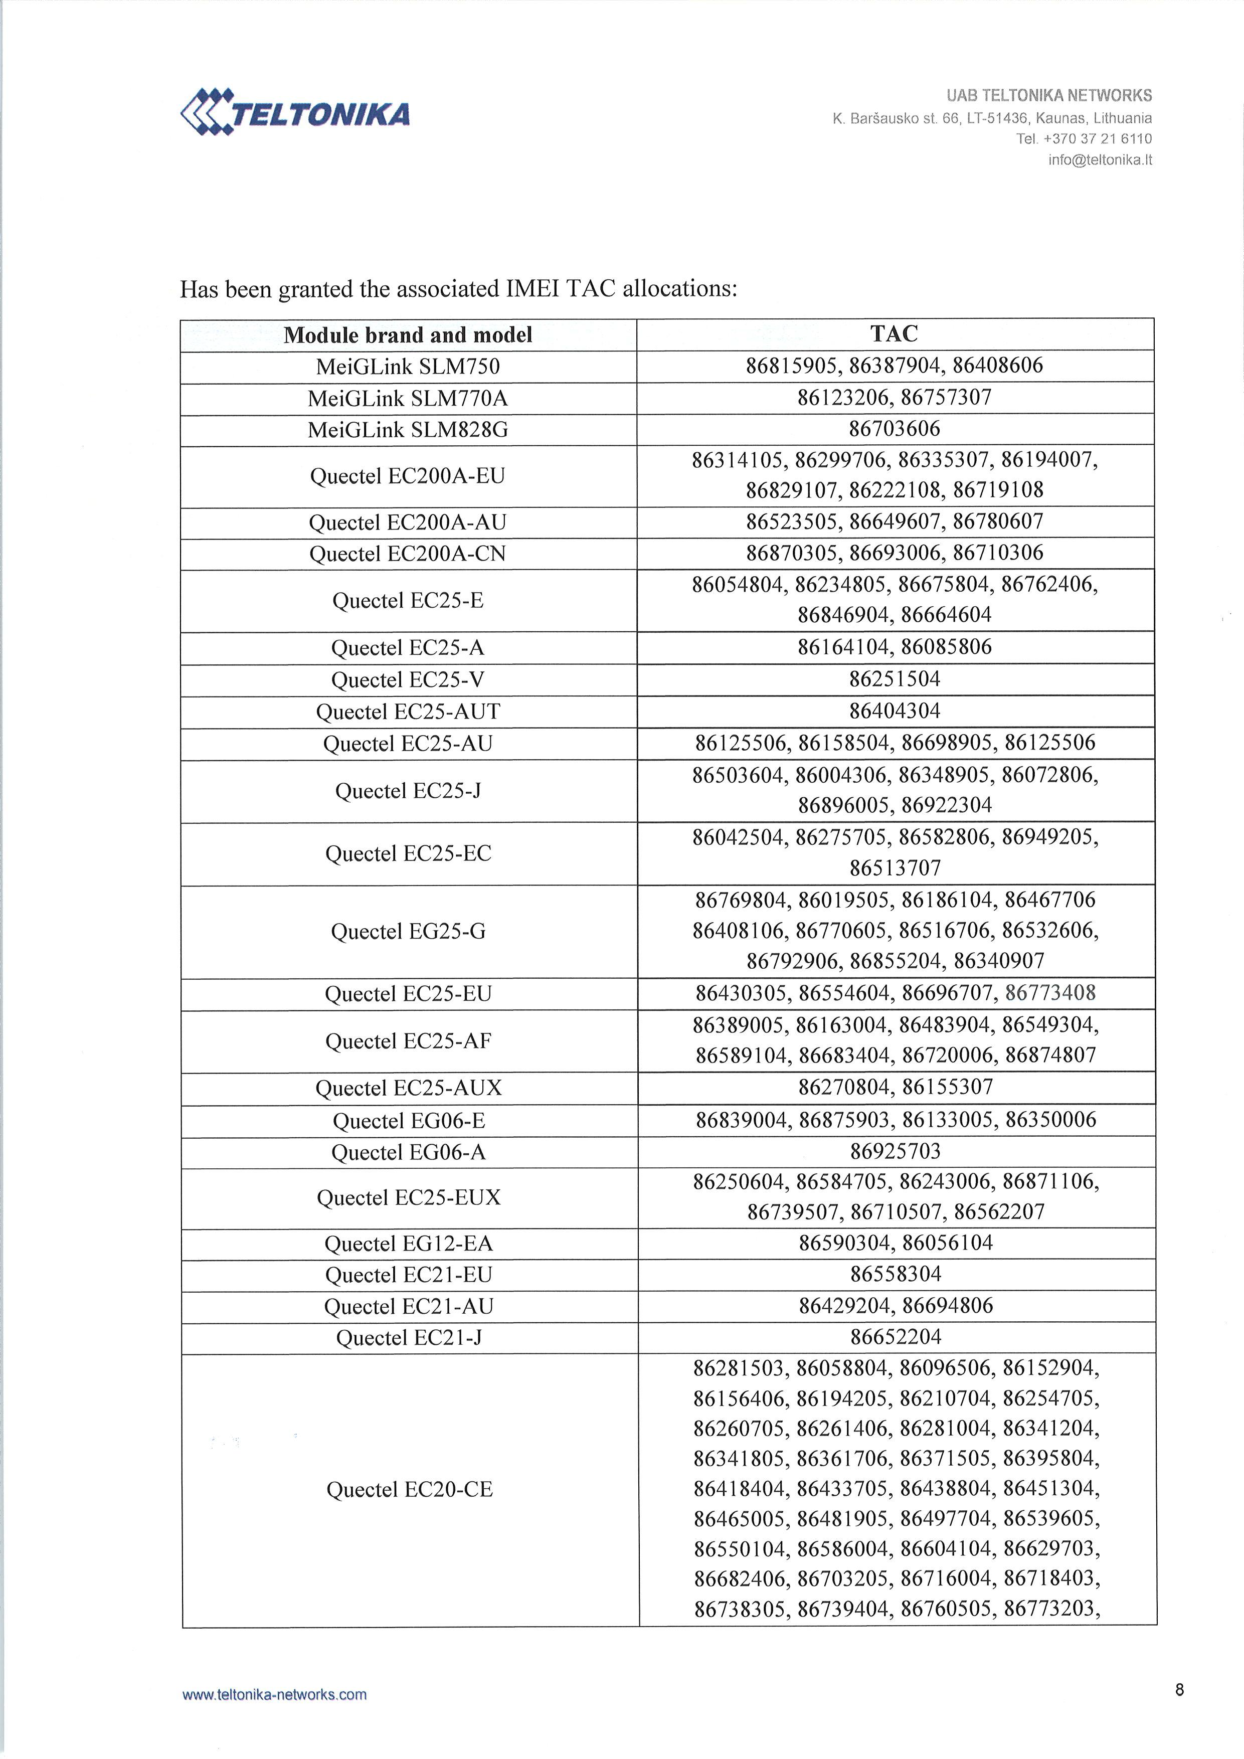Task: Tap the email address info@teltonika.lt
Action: click(1100, 160)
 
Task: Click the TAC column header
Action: click(894, 334)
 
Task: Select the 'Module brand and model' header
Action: click(408, 335)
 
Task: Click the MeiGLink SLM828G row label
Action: click(408, 430)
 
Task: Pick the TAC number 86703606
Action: click(894, 429)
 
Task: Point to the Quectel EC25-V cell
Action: click(408, 679)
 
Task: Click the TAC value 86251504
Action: click(894, 679)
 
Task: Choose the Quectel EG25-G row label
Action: click(408, 932)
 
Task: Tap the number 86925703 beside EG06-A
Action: click(895, 1151)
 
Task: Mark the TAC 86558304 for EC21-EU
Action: click(895, 1274)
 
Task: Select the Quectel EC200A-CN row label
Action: click(408, 554)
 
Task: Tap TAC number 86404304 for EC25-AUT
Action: click(894, 711)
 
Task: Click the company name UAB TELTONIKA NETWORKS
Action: click(1048, 96)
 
